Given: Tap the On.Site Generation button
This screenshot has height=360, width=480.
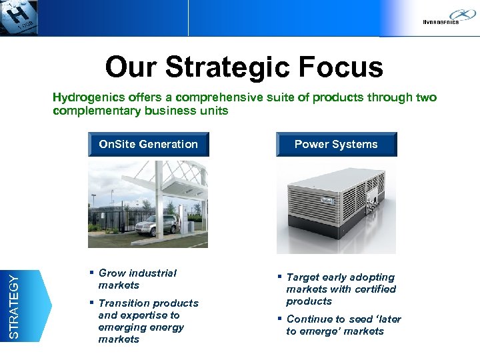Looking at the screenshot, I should [x=148, y=144].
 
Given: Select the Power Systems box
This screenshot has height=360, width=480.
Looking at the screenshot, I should [x=336, y=145].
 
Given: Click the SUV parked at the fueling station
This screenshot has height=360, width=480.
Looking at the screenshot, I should [x=153, y=225].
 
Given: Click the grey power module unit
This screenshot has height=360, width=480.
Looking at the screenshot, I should [x=336, y=207].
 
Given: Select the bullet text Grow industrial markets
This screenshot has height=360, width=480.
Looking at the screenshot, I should [x=137, y=279].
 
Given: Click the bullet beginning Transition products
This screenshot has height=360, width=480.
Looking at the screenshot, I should [x=148, y=321].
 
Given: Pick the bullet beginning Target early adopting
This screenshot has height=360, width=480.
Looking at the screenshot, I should [x=341, y=289].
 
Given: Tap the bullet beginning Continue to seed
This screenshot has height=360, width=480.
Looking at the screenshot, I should [x=343, y=325].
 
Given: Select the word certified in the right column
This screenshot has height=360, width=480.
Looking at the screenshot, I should [x=374, y=289].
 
